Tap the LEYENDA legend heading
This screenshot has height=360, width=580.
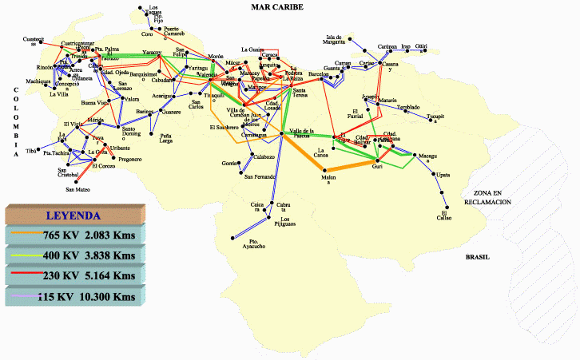(x=73, y=215)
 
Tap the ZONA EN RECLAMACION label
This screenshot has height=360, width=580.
(x=491, y=198)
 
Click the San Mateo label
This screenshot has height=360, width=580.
(x=77, y=190)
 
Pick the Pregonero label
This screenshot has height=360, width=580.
(x=130, y=159)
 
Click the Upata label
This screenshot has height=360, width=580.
(x=443, y=174)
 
